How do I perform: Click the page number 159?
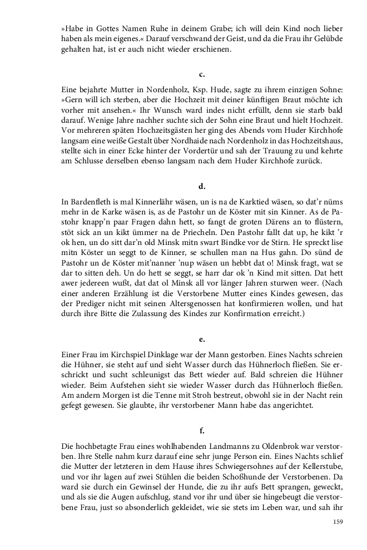[x=338, y=521]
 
